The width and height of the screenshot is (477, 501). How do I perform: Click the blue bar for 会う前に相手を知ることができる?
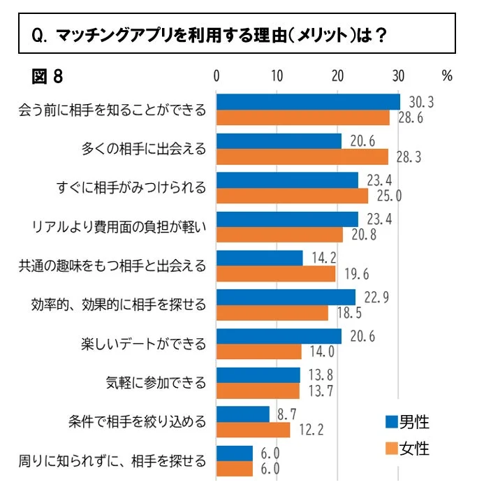point(308,102)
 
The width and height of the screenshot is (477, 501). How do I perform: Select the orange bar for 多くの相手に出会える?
point(302,157)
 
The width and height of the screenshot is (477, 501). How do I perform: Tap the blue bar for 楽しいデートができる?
point(279,336)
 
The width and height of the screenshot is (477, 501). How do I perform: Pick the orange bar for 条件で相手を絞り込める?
point(253,429)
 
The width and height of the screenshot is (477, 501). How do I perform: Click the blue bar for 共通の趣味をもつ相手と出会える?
point(259,258)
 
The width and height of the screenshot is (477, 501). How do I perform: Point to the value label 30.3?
point(421,103)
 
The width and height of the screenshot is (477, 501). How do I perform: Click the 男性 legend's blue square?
point(391,421)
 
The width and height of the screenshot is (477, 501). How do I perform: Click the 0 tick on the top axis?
point(217,75)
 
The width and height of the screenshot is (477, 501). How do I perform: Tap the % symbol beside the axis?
point(447,75)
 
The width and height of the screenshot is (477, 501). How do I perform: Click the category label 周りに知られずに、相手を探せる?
point(112,461)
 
